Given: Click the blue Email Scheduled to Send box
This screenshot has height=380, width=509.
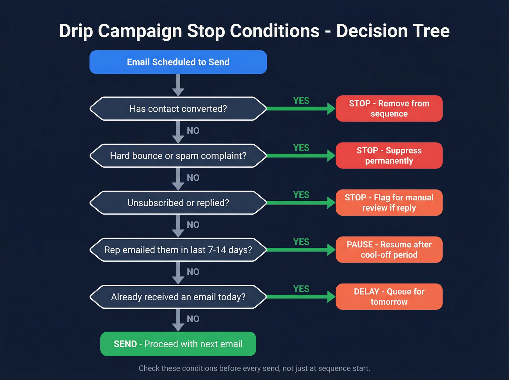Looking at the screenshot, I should [x=178, y=62].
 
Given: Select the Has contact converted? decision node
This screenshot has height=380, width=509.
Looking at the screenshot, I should [x=178, y=109].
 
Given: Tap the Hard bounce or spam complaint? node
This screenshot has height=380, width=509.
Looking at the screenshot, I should [x=178, y=156].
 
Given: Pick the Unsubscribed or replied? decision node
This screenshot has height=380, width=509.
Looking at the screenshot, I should [x=178, y=203].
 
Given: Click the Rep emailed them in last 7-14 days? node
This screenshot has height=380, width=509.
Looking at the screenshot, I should [x=178, y=250].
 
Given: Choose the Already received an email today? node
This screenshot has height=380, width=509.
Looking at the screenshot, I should [x=178, y=297].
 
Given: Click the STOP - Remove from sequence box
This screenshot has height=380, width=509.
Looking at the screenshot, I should [x=389, y=108].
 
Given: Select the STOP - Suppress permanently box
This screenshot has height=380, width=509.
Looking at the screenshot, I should [x=389, y=156].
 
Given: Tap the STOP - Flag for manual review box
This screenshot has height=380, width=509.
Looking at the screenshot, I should [x=389, y=203].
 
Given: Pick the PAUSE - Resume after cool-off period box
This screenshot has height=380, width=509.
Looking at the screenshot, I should [x=389, y=249].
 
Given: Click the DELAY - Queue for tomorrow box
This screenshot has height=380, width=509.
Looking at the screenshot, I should [x=389, y=297].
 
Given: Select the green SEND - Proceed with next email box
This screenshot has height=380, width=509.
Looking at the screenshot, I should [x=178, y=344].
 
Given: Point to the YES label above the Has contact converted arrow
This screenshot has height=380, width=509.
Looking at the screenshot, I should [x=301, y=101].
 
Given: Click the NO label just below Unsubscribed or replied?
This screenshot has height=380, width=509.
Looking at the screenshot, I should [x=193, y=225].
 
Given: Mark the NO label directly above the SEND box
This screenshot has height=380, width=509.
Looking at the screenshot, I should [x=193, y=319].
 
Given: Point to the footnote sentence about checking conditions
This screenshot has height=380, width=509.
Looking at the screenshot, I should [x=254, y=368].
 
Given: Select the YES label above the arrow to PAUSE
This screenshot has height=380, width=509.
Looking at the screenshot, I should [x=301, y=242].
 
